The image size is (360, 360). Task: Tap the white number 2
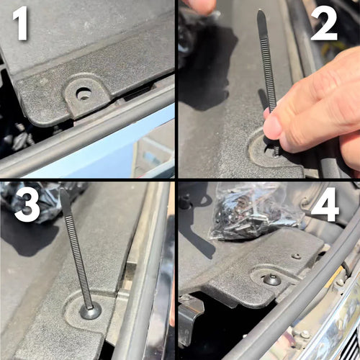coord(325,25)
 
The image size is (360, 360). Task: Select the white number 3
coord(27,205)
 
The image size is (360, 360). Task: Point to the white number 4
coord(325,205)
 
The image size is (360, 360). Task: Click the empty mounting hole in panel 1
coord(84,94)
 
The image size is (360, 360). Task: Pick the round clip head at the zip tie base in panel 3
coord(90,311)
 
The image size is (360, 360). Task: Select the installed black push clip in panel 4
coord(272,279)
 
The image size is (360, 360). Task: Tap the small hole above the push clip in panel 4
coord(296,256)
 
